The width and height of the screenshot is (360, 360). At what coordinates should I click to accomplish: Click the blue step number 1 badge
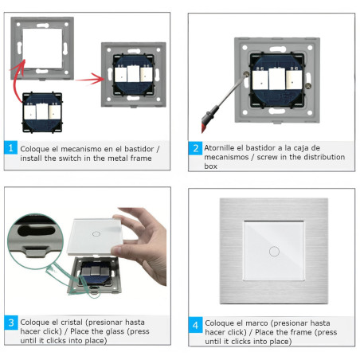click(x=11, y=148)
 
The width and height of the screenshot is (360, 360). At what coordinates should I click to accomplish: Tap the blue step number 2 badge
click(x=195, y=148)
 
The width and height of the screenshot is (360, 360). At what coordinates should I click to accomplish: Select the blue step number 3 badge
click(x=11, y=323)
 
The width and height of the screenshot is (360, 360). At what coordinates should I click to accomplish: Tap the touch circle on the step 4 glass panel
click(x=274, y=251)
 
